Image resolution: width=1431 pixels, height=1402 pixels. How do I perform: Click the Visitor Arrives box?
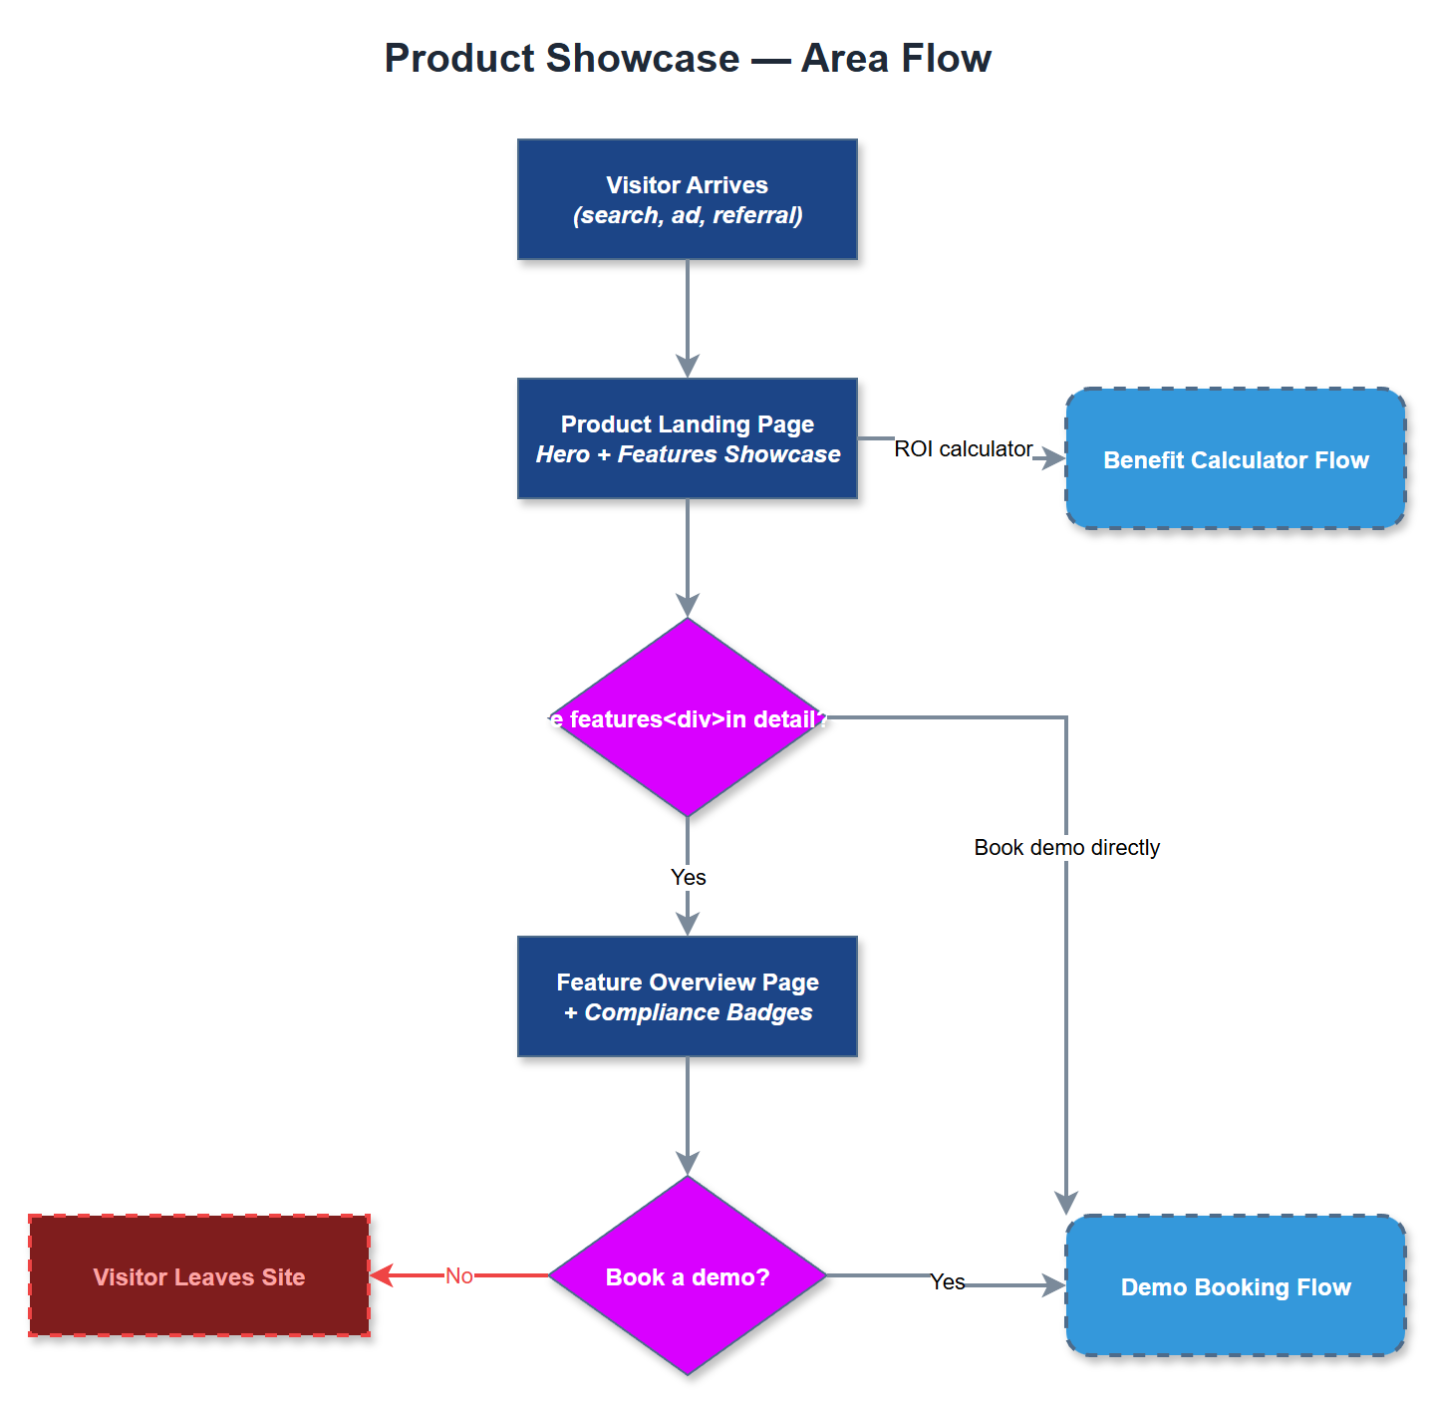[687, 199]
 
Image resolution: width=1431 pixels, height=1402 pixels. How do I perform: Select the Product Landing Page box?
[687, 438]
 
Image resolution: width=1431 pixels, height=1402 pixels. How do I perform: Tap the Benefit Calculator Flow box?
[1235, 458]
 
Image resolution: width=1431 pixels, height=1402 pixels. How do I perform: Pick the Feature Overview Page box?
[687, 996]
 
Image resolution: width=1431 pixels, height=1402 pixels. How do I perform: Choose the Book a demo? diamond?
[687, 1276]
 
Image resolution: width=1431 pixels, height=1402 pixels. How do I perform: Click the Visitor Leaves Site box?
[199, 1275]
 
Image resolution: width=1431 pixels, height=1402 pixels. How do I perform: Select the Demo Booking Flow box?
[1235, 1285]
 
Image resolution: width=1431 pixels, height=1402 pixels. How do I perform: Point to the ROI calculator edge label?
[963, 448]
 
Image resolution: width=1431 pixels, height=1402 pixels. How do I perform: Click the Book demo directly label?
[1066, 847]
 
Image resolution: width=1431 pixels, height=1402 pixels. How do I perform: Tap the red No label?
[458, 1275]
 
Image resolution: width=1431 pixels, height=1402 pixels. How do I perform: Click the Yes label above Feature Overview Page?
[688, 877]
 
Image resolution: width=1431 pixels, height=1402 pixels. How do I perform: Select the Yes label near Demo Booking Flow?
[947, 1281]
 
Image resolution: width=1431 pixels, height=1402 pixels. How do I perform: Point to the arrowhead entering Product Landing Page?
[688, 367]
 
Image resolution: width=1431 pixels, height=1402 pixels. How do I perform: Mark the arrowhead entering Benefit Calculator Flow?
[1054, 458]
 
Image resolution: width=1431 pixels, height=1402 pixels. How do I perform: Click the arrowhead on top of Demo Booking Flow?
[1066, 1204]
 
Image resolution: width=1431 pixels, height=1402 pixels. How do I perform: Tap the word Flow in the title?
[948, 58]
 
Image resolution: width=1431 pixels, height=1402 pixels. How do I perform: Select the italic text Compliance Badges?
[698, 1012]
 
